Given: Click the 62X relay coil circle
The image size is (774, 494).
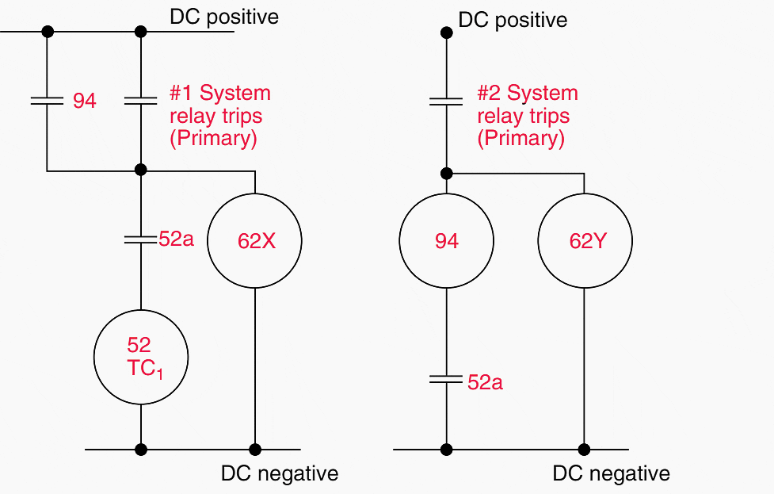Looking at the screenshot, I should (255, 241).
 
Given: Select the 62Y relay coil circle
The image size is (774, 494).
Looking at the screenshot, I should (585, 241).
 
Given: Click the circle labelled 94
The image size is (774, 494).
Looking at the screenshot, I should (446, 241).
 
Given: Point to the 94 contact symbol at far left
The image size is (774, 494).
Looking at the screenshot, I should (47, 101).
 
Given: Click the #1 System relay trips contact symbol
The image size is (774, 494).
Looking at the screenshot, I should (141, 101).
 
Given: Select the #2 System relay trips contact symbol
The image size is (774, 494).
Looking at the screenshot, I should (446, 101).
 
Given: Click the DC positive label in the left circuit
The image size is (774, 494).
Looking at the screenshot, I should (224, 17).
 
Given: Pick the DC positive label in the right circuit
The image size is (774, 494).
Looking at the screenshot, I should (513, 20).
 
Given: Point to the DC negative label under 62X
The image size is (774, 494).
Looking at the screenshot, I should (280, 473).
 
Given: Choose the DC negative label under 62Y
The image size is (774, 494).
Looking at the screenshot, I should (611, 474).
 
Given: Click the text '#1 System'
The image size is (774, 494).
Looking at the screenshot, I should (219, 93).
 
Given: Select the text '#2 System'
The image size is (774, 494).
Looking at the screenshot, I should (527, 93).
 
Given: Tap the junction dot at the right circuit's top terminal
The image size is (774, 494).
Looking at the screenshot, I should (446, 33).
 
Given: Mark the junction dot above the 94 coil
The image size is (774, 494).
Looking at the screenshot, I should (446, 173).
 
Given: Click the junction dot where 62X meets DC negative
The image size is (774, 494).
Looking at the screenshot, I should (255, 450).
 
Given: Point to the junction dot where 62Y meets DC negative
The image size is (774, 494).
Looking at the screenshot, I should (585, 450).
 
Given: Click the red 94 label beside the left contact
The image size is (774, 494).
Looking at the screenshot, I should (85, 101).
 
